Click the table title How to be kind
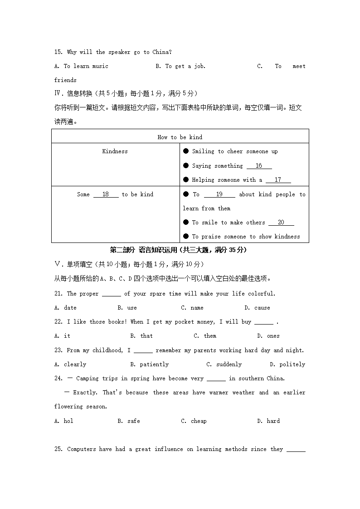coord(180,137)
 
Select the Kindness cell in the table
coord(115,151)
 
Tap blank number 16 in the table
coord(259,166)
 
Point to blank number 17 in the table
coord(278,180)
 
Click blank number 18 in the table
coord(106,194)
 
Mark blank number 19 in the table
coord(219,194)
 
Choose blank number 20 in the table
coord(281,223)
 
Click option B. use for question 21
coord(127,308)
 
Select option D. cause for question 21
coord(257,308)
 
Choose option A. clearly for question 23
coord(70,364)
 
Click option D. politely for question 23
coord(287,364)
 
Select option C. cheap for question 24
coord(194,421)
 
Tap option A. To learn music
coord(81,66)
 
